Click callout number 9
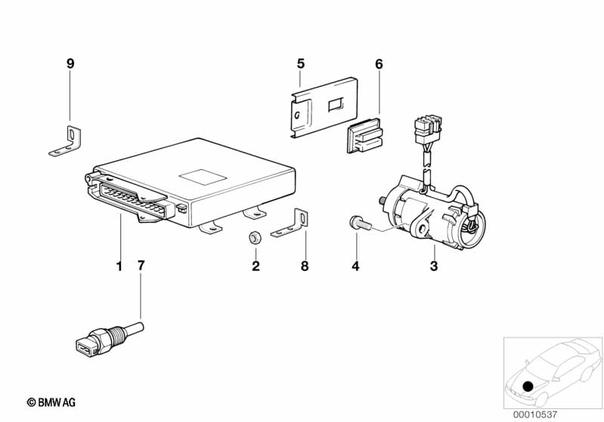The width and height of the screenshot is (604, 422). coord(70,63)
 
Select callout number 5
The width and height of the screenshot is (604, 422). coord(300,63)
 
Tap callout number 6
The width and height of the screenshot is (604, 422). coord(379,64)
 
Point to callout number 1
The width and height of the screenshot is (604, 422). coord(119,266)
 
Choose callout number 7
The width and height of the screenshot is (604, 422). coord(141,266)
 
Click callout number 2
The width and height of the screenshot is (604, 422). coord(256,266)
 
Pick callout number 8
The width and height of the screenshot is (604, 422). coord(305,266)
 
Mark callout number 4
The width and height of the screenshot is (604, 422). coord(355,266)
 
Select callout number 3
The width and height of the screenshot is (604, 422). coord(434,266)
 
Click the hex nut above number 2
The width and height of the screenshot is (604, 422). coord(254,238)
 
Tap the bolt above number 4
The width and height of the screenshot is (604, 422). coord(360,223)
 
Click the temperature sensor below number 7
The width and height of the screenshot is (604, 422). coord(110,339)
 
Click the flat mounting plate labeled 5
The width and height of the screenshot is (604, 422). coord(324,108)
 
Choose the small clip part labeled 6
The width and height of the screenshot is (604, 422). coord(365,135)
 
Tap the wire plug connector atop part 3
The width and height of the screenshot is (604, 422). coord(428,128)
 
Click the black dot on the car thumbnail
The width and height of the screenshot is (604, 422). coord(528,386)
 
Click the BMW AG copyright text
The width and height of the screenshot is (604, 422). coord(51,402)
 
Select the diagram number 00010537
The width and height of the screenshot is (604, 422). coord(534,414)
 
